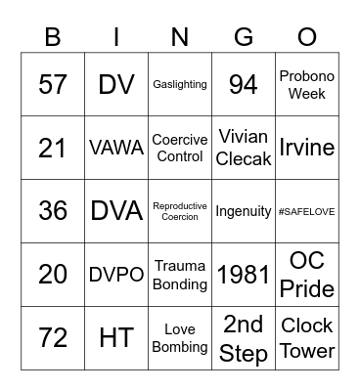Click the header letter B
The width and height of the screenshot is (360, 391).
click(x=52, y=37)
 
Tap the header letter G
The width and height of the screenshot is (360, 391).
click(x=244, y=37)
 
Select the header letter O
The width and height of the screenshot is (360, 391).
click(x=307, y=37)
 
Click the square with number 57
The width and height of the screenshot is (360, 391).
click(x=52, y=85)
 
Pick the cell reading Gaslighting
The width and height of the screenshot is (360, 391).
click(x=180, y=85)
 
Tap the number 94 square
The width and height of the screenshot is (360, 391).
click(x=244, y=85)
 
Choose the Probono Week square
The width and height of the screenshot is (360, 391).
click(x=307, y=85)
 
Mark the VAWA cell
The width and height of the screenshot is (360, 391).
click(x=116, y=148)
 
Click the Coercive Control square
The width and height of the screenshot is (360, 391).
click(x=180, y=148)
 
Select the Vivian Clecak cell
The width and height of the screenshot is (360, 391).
click(x=244, y=148)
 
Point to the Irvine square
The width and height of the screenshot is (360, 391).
click(x=307, y=148)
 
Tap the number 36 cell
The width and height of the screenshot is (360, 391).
click(x=52, y=211)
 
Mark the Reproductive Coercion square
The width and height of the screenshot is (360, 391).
click(x=180, y=211)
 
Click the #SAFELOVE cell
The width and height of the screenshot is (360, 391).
click(x=307, y=211)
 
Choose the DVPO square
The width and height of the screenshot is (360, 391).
click(x=116, y=275)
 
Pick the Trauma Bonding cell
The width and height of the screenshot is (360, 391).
click(x=180, y=275)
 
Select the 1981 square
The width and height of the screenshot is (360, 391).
click(x=244, y=275)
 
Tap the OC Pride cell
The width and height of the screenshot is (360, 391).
click(x=307, y=275)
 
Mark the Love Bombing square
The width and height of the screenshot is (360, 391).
click(x=180, y=338)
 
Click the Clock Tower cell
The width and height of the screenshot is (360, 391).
click(x=307, y=338)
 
